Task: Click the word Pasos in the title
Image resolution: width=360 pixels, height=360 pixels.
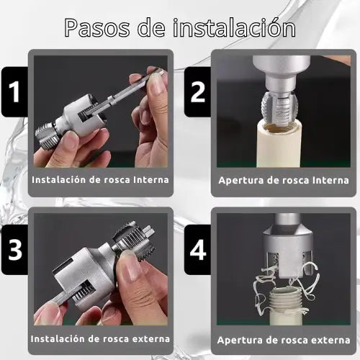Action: coord(96,28)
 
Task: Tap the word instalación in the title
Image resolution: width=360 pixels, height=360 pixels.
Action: coord(234,27)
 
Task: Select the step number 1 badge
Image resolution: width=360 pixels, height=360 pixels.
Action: coord(14,91)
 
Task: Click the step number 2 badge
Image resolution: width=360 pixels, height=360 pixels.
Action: coord(197,92)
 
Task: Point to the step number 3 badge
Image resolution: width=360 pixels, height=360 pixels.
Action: coord(14,250)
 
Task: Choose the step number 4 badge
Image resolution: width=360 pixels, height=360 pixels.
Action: coord(197,250)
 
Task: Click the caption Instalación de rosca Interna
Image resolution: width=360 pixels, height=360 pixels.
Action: coord(100,180)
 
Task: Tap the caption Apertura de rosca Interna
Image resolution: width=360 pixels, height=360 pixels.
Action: coord(284,180)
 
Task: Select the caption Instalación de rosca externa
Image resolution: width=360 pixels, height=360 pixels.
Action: coord(100,339)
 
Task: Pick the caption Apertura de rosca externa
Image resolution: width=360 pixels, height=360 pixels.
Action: coord(284,340)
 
